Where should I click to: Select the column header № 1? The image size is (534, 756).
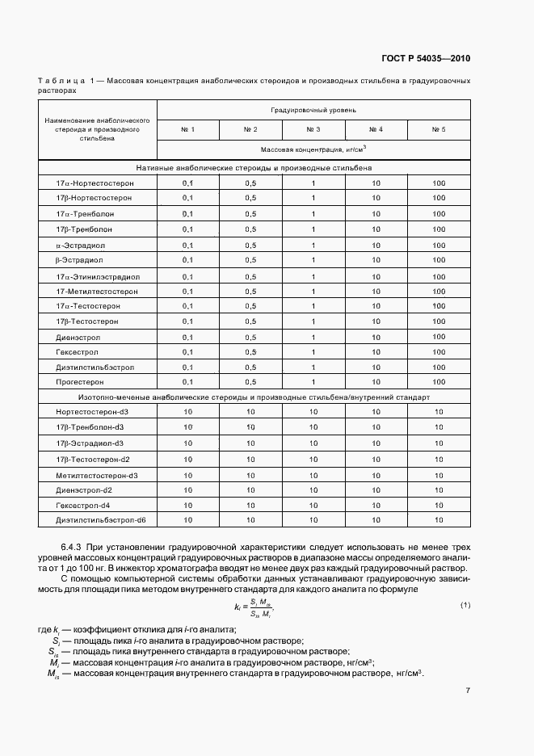tap(187, 129)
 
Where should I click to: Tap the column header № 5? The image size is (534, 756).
tap(439, 129)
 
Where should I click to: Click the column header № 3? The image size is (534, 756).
tap(313, 129)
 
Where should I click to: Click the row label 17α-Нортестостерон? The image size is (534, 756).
tap(95, 183)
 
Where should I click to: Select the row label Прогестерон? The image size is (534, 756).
tap(82, 382)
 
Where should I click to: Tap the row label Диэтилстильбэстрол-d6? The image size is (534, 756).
tap(101, 520)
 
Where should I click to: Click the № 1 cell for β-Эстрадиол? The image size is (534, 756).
tap(187, 259)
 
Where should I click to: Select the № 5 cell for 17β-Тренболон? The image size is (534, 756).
tap(439, 229)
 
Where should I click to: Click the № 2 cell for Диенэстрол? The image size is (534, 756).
tap(250, 337)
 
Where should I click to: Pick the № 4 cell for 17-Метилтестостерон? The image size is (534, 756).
tap(376, 290)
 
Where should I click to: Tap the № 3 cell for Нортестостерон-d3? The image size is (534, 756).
tap(313, 413)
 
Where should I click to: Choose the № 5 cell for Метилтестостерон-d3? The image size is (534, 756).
tap(439, 474)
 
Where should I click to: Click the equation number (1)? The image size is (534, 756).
tap(465, 605)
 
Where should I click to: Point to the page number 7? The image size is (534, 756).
tap(468, 712)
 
